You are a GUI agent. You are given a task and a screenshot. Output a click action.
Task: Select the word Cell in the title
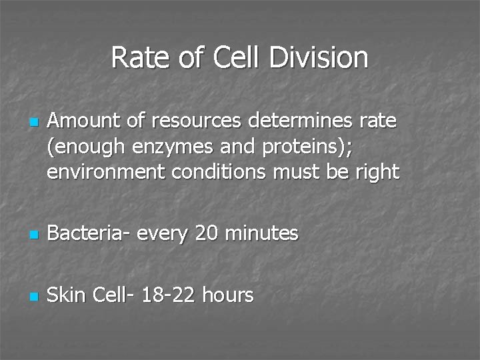[x=237, y=57]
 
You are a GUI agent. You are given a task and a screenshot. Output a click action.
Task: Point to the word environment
[x=107, y=173]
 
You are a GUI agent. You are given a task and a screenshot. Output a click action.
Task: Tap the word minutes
[x=262, y=233]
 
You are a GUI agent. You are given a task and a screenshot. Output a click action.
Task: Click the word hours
[x=227, y=295]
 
